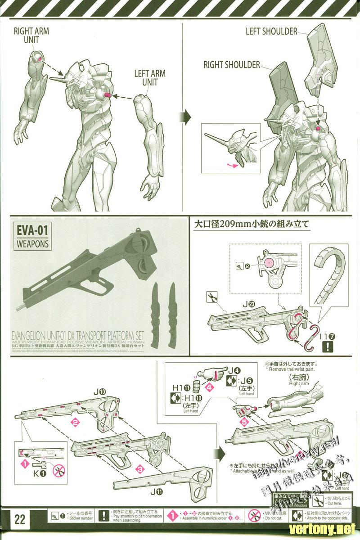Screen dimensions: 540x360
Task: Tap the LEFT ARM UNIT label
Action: (150, 77)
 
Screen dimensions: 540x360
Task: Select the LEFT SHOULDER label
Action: (271, 31)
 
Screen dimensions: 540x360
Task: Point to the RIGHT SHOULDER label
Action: (232, 65)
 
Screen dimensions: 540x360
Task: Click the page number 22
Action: (20, 520)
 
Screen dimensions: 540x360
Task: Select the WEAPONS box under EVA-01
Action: (33, 245)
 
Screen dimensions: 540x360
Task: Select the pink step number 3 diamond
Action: (140, 469)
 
